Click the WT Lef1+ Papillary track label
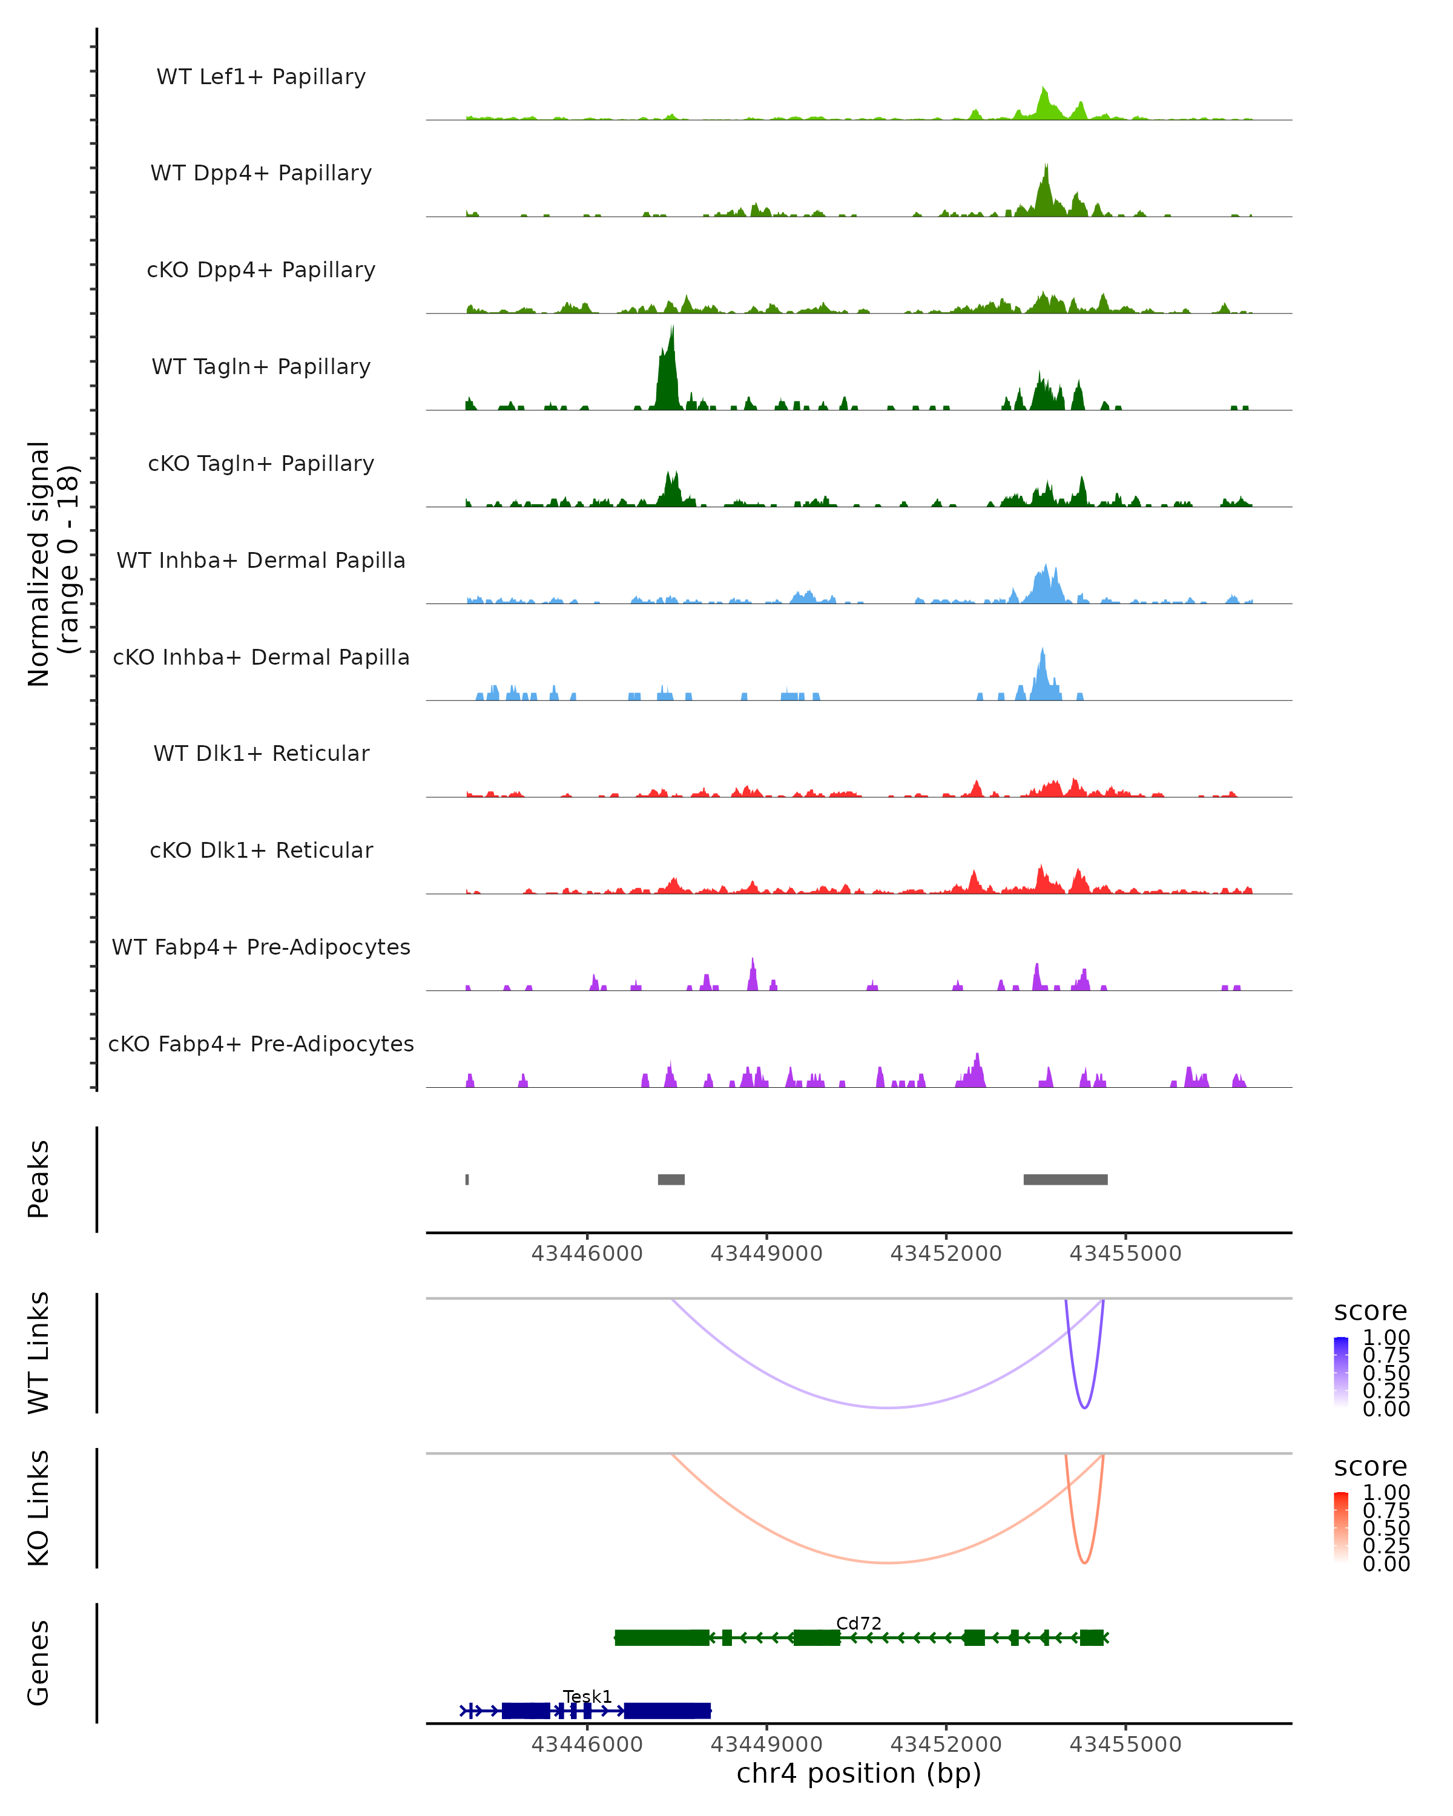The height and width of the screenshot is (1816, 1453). click(x=261, y=77)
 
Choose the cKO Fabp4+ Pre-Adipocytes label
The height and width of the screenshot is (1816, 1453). click(x=261, y=1044)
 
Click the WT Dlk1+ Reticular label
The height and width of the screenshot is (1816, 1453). click(x=261, y=753)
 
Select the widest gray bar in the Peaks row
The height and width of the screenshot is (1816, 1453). click(x=1065, y=1179)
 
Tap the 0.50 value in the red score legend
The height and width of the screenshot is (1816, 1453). click(x=1386, y=1528)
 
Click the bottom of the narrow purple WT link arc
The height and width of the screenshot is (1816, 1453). click(x=1084, y=1407)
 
